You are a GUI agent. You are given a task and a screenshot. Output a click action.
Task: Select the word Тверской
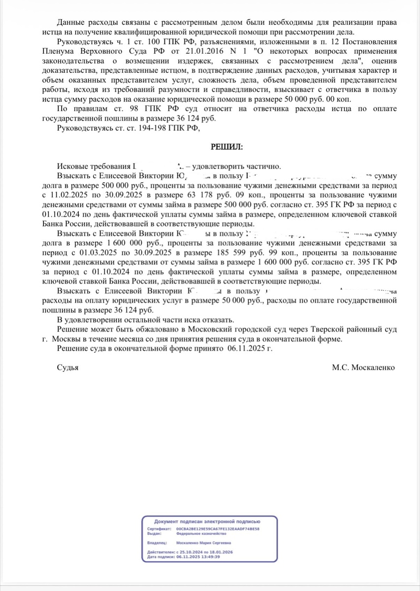[320, 330]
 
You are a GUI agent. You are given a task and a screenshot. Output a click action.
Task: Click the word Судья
[68, 367]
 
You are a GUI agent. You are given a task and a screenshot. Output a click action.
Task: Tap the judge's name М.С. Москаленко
[363, 367]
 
